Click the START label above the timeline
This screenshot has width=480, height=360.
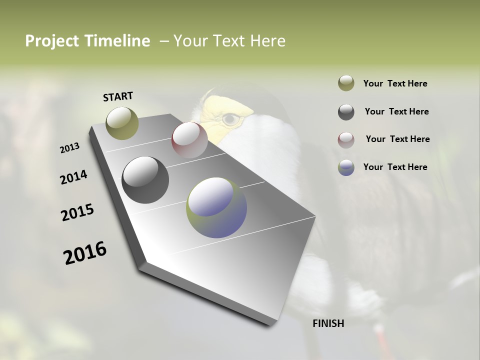118,96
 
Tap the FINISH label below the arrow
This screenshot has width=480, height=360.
328,323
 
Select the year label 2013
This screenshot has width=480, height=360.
69,148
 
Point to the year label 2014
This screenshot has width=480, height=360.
73,177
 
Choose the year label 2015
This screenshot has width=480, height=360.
77,212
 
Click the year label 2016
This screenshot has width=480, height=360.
85,252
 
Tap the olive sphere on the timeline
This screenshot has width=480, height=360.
122,123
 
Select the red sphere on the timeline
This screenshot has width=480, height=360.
189,139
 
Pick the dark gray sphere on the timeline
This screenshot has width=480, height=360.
145,179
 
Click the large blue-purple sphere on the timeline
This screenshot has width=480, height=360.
216,207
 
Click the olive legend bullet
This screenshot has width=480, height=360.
346,83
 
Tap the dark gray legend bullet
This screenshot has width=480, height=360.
346,112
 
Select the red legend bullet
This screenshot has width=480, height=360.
346,140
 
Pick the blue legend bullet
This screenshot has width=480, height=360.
346,167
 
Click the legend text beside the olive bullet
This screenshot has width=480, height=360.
395,83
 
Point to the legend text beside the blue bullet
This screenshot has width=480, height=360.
395,167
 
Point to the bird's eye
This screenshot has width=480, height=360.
230,119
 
